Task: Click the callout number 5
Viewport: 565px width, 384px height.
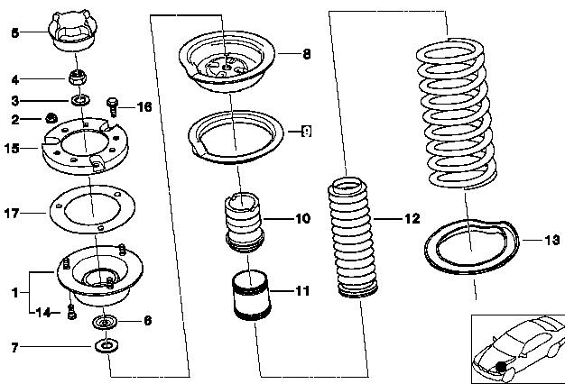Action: click(x=14, y=33)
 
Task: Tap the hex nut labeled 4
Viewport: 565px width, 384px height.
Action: click(x=77, y=77)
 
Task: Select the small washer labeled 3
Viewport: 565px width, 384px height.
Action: click(x=80, y=100)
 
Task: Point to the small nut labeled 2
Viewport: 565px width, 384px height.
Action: click(x=51, y=117)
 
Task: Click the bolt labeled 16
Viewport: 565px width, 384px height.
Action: click(x=113, y=107)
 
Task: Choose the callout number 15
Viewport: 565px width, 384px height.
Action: click(x=12, y=148)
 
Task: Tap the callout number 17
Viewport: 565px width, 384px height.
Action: click(x=11, y=213)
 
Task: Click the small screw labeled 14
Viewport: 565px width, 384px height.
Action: click(x=71, y=312)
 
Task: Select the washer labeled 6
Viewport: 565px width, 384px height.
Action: click(x=105, y=322)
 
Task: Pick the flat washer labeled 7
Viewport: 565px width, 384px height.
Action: click(x=107, y=346)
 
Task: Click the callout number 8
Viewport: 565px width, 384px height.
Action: click(x=306, y=54)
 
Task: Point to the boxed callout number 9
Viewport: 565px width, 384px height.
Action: click(x=306, y=132)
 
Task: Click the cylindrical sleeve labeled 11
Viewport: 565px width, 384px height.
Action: click(x=251, y=295)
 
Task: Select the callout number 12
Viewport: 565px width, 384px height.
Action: click(x=412, y=218)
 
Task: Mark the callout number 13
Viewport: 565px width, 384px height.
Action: click(x=552, y=240)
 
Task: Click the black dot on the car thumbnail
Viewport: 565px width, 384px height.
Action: click(x=501, y=367)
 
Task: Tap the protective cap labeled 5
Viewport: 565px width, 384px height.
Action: click(x=73, y=31)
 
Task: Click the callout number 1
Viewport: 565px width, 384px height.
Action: click(x=14, y=292)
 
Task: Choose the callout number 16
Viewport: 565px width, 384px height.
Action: click(x=144, y=107)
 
